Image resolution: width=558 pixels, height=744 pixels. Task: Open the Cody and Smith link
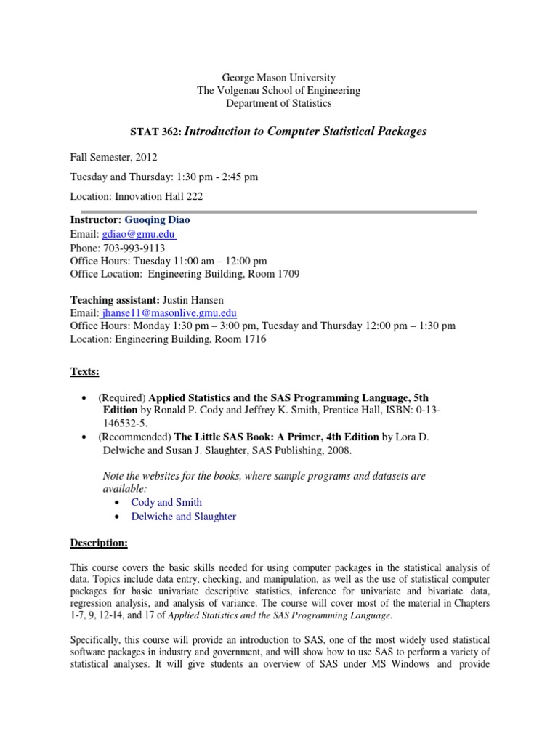(166, 502)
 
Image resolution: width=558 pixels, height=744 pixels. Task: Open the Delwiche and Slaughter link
(183, 517)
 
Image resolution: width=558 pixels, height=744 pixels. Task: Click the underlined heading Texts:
(84, 371)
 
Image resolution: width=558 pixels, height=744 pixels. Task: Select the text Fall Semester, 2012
(113, 156)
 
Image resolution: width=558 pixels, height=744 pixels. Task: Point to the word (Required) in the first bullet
(122, 397)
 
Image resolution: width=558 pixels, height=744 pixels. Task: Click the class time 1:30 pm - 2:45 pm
(217, 177)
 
